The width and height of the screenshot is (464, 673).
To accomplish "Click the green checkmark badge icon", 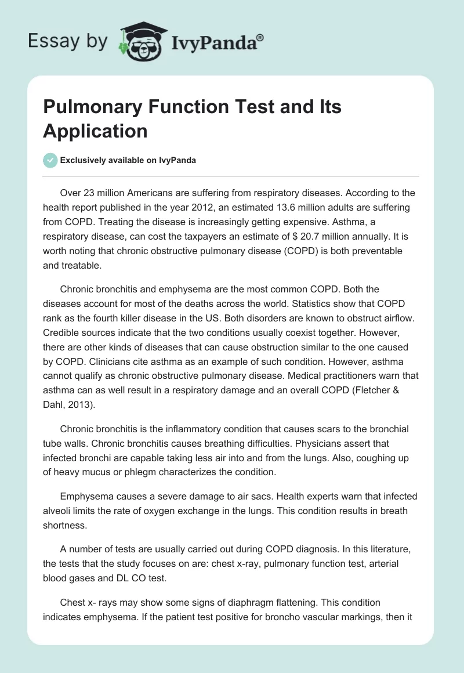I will coord(50,160).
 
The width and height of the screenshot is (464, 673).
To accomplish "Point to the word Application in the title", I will coord(95,131).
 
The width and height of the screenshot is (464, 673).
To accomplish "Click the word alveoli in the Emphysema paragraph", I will coord(60,511).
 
